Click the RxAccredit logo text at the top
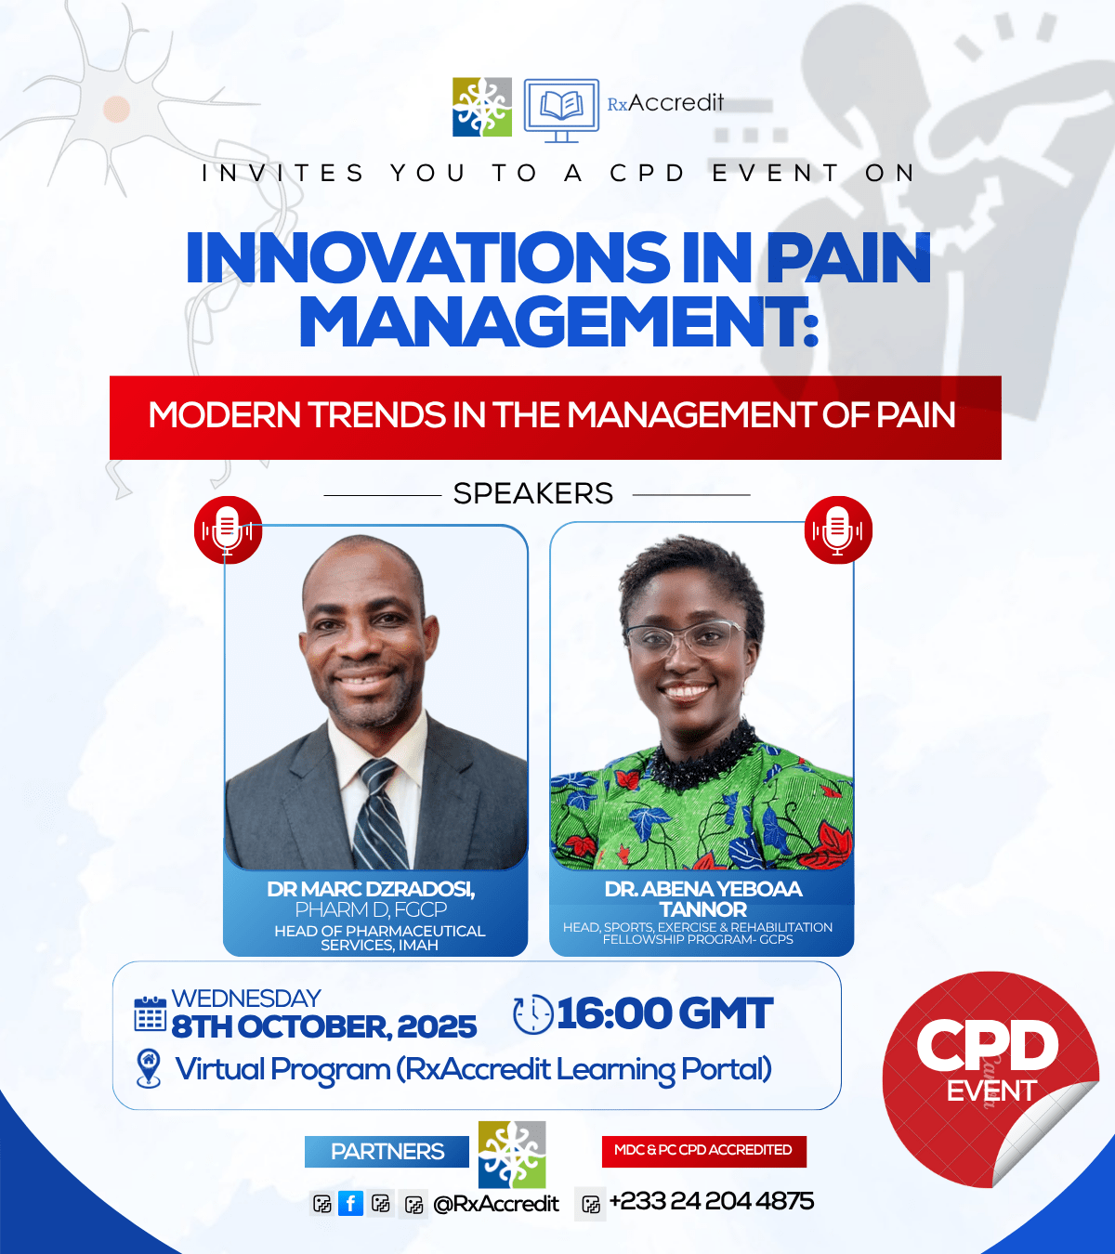click(665, 103)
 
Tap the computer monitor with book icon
click(560, 110)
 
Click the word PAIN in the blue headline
click(847, 257)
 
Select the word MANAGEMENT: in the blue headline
click(557, 321)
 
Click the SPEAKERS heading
click(533, 493)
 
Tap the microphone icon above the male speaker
click(228, 529)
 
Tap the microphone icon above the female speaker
click(838, 529)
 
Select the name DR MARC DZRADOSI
click(370, 889)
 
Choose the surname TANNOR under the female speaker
click(702, 909)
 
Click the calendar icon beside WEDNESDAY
click(151, 1014)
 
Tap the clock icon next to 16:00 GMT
click(532, 1014)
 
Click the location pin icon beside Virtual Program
click(148, 1068)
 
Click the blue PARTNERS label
click(387, 1152)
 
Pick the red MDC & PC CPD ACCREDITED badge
click(703, 1150)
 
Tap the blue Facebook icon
click(350, 1204)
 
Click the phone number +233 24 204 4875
click(711, 1202)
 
